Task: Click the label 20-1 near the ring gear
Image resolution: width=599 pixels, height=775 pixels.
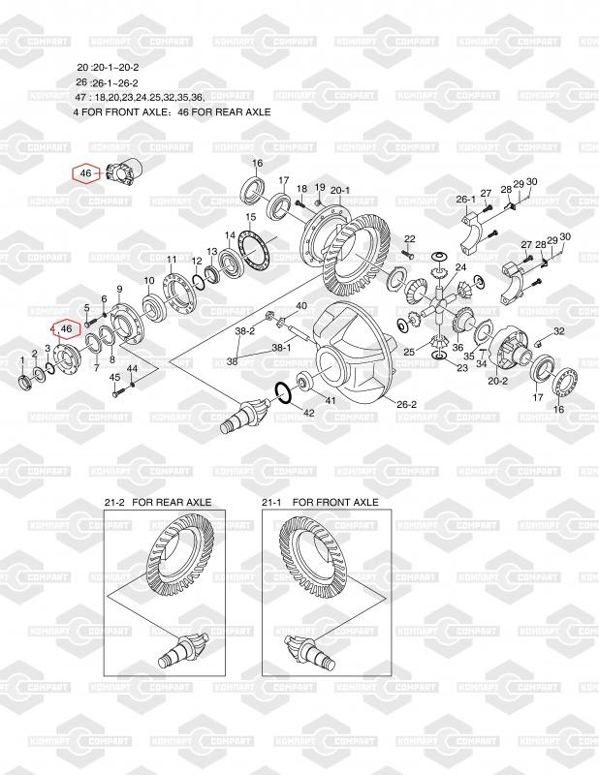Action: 340,190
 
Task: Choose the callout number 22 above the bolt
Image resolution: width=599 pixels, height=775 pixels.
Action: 409,238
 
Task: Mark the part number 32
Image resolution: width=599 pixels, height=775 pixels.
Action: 559,331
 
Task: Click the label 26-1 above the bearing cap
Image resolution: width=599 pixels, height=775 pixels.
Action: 466,200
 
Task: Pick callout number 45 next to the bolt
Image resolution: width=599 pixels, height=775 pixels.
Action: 114,377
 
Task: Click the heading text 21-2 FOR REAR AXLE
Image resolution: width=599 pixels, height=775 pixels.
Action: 157,503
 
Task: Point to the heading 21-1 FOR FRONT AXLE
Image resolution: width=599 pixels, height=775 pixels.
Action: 320,503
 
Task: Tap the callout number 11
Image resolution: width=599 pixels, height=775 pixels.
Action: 172,260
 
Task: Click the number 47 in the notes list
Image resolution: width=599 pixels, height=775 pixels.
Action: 82,98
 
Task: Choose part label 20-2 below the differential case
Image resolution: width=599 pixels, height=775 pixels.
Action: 498,381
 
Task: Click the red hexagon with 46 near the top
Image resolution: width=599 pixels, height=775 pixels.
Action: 86,173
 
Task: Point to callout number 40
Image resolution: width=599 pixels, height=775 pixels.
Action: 301,306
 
